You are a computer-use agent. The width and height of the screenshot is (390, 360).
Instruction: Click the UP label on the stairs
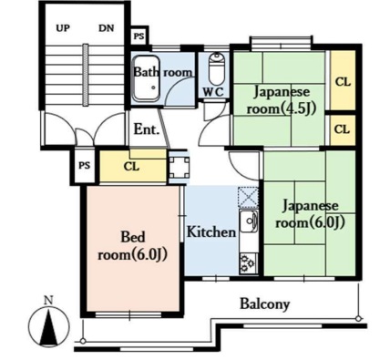(x=63, y=28)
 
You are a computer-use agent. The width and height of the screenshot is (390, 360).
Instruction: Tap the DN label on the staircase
(x=107, y=28)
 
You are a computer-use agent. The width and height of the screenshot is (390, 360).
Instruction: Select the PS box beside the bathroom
(x=139, y=36)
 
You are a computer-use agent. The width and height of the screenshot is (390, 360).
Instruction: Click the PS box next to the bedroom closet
(x=85, y=166)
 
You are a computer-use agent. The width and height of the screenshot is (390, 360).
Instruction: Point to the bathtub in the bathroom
(x=147, y=78)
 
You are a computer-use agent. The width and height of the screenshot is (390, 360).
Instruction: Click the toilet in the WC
(x=216, y=68)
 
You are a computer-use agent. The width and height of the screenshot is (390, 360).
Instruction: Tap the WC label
(x=213, y=91)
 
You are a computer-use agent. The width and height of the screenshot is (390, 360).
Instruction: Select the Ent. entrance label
(x=147, y=130)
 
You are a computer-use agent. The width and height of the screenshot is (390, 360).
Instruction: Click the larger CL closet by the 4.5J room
(x=343, y=80)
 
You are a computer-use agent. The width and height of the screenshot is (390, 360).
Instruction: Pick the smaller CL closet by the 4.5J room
(x=343, y=129)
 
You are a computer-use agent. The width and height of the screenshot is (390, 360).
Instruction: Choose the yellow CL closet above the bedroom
(x=133, y=167)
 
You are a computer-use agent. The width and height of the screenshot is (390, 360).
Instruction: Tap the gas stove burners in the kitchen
(x=249, y=263)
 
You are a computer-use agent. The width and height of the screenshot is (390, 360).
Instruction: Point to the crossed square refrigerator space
(x=249, y=198)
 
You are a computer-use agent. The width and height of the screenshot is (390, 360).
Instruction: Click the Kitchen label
(x=211, y=232)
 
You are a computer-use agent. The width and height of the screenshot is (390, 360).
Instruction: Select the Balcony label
(x=265, y=303)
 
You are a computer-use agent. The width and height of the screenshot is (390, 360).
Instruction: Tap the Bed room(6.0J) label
(x=133, y=246)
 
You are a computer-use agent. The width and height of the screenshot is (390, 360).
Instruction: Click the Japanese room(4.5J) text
(x=282, y=100)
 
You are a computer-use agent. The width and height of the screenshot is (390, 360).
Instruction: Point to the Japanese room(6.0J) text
(x=310, y=214)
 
